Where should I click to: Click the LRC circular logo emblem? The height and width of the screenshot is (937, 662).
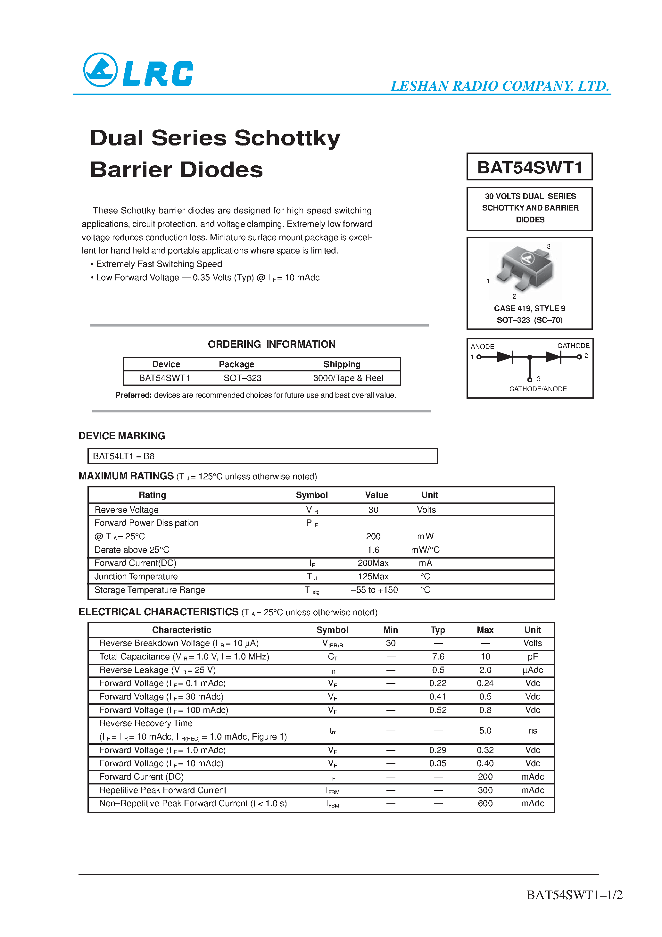click(100, 70)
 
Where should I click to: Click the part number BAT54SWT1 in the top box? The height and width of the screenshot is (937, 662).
click(529, 167)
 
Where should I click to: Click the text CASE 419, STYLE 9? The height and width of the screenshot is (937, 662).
click(529, 309)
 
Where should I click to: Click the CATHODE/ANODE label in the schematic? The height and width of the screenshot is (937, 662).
click(538, 389)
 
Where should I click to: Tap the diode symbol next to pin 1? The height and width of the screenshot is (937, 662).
click(505, 357)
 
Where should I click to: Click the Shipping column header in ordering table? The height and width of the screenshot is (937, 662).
click(342, 364)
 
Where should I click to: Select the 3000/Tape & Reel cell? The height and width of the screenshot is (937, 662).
click(348, 378)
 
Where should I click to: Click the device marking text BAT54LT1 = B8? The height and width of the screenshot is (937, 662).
click(124, 456)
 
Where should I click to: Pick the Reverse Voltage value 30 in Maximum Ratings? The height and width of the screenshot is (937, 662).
click(373, 510)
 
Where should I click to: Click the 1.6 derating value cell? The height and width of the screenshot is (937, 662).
click(373, 550)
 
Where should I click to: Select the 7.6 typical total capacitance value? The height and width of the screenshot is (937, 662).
click(438, 657)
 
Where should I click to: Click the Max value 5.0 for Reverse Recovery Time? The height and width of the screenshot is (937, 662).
click(485, 731)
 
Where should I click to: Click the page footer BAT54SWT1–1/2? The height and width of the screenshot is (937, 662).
click(574, 895)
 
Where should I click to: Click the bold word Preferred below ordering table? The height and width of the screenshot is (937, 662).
click(134, 395)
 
